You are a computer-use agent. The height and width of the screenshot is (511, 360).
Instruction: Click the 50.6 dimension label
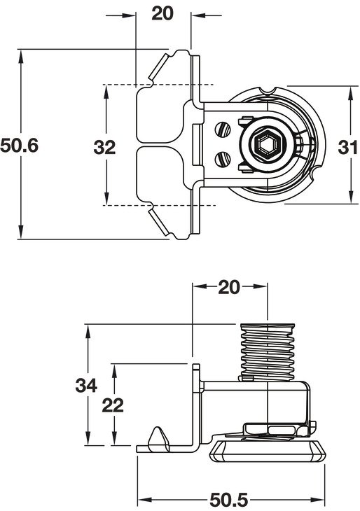pos(20,146)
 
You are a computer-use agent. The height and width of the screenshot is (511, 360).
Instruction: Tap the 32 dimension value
pos(104,147)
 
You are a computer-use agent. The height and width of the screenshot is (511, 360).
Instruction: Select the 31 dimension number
pos(347,147)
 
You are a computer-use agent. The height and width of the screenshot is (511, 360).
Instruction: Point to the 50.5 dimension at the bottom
pos(228,500)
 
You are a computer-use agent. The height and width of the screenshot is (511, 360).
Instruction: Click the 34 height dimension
pos(86,386)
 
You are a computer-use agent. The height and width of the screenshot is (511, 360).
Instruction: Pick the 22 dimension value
pos(113,406)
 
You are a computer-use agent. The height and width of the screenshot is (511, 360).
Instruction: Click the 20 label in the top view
pos(162,14)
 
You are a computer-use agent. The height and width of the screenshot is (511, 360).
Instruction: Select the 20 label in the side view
pos(229,288)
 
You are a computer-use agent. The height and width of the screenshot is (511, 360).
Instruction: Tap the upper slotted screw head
pos(223,129)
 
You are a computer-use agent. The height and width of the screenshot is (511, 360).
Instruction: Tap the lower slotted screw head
pos(223,160)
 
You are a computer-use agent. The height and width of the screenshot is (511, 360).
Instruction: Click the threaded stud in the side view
pos(268,352)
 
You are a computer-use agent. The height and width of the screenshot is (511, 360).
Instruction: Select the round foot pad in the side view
pos(268,450)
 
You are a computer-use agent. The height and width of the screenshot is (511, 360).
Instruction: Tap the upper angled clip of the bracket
pos(158,66)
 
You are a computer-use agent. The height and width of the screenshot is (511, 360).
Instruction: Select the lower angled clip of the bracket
pos(158,223)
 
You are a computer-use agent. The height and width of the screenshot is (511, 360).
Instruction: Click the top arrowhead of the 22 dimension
pos(114,371)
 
